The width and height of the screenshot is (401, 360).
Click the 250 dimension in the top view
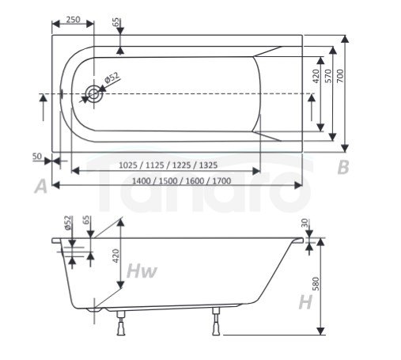[73, 20]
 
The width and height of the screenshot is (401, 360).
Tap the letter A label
[41, 187]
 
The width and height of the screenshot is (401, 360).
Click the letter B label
[342, 167]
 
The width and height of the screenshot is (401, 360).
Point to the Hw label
[142, 272]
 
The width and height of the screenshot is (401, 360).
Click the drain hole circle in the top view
[95, 94]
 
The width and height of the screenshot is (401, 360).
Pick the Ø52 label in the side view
[68, 225]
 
